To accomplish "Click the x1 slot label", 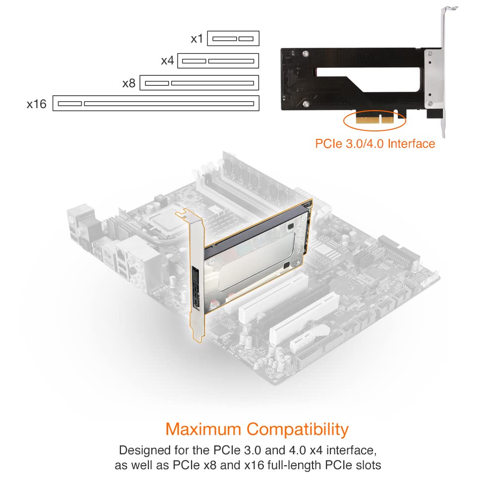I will point(197,38).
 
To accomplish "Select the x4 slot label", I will point(167,61).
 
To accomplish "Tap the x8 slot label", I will point(129,83).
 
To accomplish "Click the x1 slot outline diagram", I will point(233,38).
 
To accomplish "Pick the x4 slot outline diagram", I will point(218,61).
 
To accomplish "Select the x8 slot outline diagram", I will point(199,83).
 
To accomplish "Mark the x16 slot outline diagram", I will point(156,104).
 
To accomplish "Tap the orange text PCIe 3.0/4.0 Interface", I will point(375,144).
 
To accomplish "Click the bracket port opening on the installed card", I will point(196,288).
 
